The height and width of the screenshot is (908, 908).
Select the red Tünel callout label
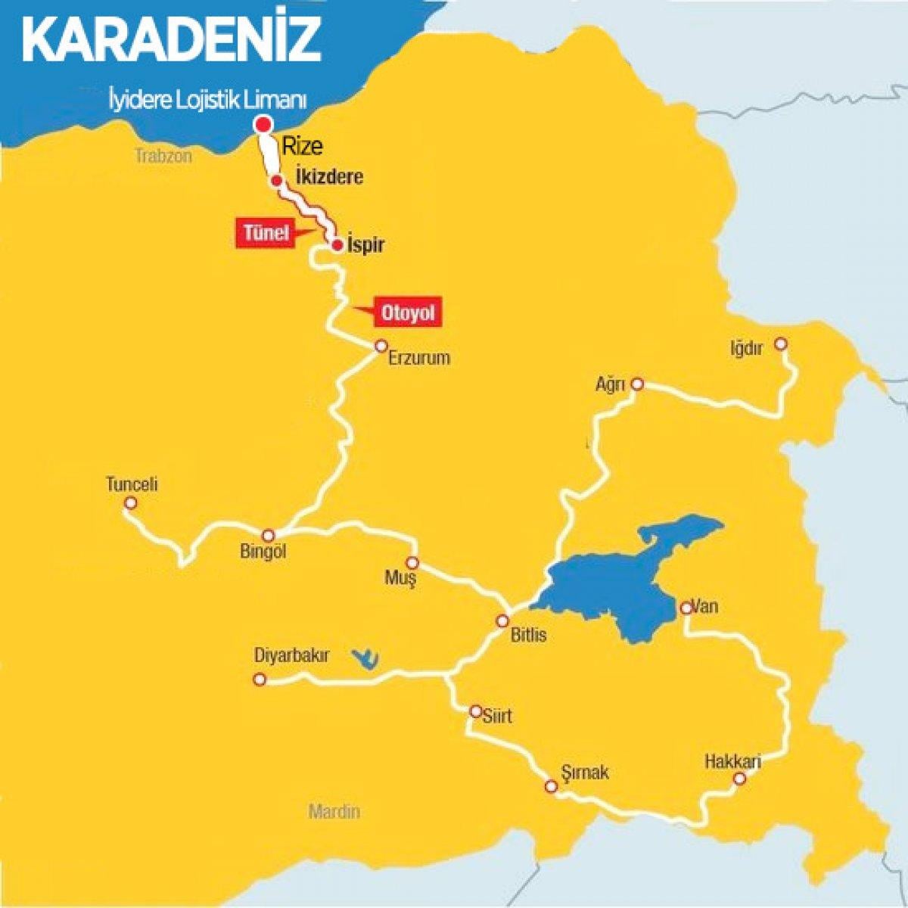(x=266, y=233)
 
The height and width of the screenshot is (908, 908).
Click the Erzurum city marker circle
(x=381, y=347)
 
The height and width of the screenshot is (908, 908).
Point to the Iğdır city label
(x=746, y=348)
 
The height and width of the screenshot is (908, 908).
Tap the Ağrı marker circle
(x=637, y=384)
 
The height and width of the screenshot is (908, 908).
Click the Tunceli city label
(x=132, y=484)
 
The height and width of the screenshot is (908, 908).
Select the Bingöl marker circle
(x=268, y=535)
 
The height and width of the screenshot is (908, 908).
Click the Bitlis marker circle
(x=502, y=621)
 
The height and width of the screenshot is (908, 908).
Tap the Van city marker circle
(x=686, y=608)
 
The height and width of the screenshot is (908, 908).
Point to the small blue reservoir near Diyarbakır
(x=366, y=658)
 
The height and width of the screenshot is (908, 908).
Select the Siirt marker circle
(x=475, y=711)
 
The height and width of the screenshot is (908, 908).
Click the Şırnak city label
(x=585, y=773)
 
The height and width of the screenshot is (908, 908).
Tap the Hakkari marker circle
(x=740, y=779)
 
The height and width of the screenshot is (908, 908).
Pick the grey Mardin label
(x=334, y=812)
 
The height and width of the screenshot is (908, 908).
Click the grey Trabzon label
(x=163, y=156)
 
